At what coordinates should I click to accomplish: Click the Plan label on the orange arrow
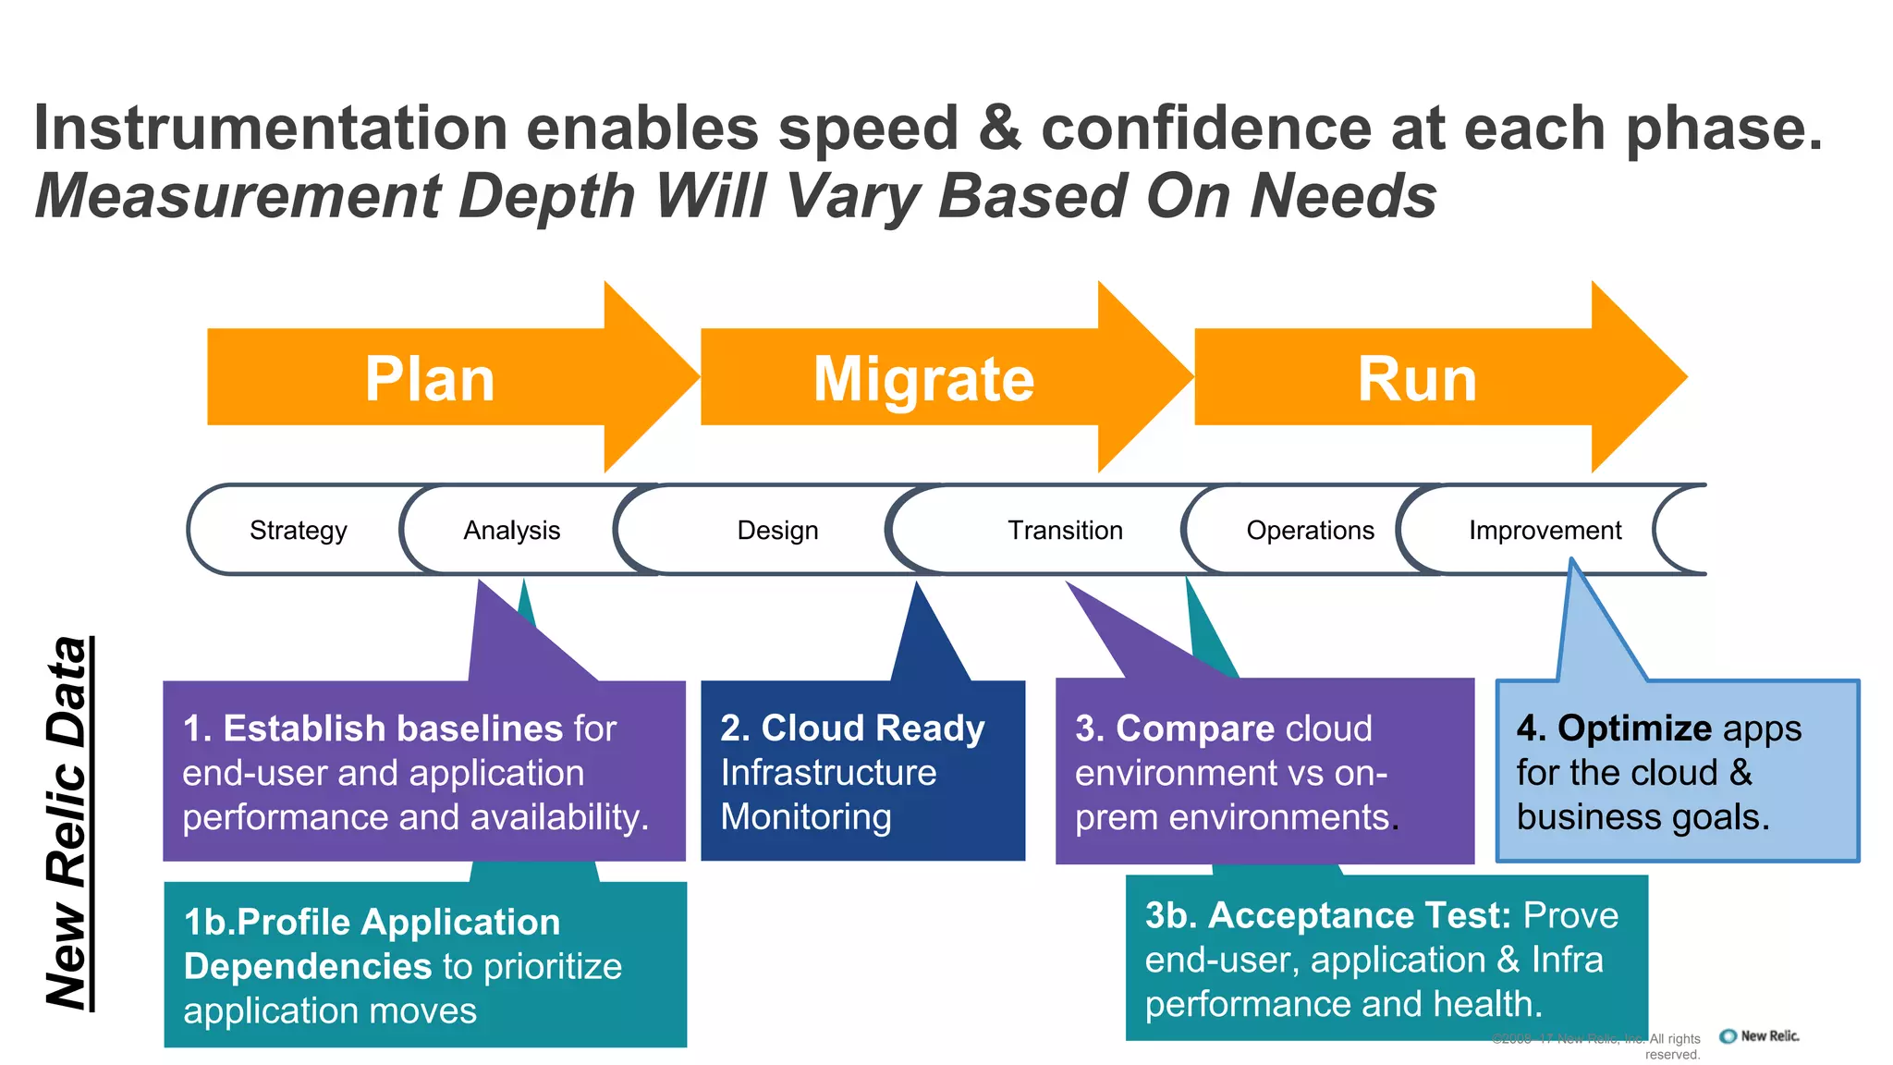(x=430, y=379)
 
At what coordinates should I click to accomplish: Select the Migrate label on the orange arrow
(x=923, y=379)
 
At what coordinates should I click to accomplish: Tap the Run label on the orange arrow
(x=1417, y=379)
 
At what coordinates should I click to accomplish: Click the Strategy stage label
(x=298, y=531)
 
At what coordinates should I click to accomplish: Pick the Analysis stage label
(x=511, y=531)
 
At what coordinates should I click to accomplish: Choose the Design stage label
(x=777, y=531)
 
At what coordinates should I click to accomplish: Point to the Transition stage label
(x=1065, y=531)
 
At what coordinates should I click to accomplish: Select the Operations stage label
(x=1310, y=531)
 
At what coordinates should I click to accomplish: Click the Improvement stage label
(x=1545, y=531)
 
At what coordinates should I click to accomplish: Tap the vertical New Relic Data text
(x=67, y=823)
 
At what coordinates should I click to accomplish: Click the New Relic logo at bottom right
(x=1760, y=1036)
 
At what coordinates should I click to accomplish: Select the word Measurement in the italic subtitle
(x=238, y=197)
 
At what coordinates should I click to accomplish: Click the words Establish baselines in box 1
(x=393, y=728)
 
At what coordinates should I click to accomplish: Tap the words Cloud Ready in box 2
(x=873, y=728)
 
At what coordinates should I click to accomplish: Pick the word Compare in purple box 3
(x=1182, y=728)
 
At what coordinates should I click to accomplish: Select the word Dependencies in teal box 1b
(x=308, y=966)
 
